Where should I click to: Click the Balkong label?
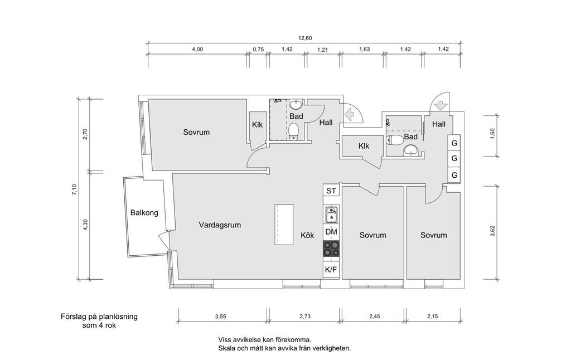[x=144, y=212]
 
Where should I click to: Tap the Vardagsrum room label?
[x=220, y=225]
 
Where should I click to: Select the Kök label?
[x=307, y=235]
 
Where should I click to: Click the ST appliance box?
[x=331, y=191]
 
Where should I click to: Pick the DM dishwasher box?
[x=331, y=232]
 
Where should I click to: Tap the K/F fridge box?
[x=331, y=270]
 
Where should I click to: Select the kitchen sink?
[x=331, y=215]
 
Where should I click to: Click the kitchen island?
[x=284, y=225]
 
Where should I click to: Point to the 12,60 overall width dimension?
[x=305, y=38]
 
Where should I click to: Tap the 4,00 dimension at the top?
[x=197, y=49]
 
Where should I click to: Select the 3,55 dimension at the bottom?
[x=220, y=317]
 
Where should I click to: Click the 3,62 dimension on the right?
[x=492, y=231]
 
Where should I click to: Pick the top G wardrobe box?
[x=454, y=143]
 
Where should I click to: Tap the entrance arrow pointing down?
[x=440, y=105]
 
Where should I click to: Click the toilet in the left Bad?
[x=294, y=130]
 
